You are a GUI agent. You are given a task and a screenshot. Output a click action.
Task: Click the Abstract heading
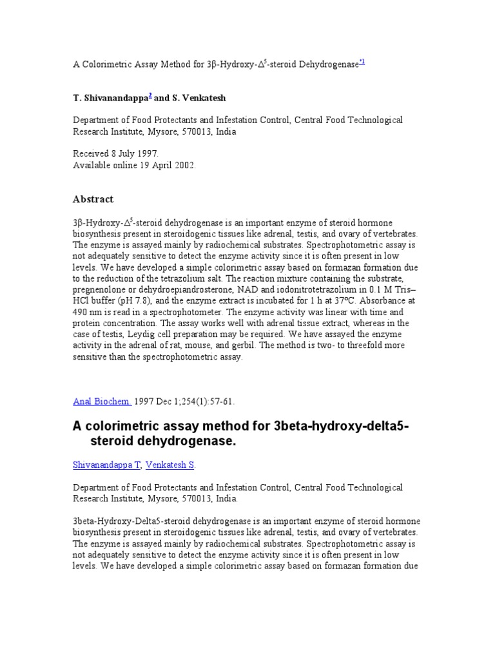93,199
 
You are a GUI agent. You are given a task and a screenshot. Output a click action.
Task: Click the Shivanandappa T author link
106,464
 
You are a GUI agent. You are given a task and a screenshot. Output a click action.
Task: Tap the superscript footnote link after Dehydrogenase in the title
362,62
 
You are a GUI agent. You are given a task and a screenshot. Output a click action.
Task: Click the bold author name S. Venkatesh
199,98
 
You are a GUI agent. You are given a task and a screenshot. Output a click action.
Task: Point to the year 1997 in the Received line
145,153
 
